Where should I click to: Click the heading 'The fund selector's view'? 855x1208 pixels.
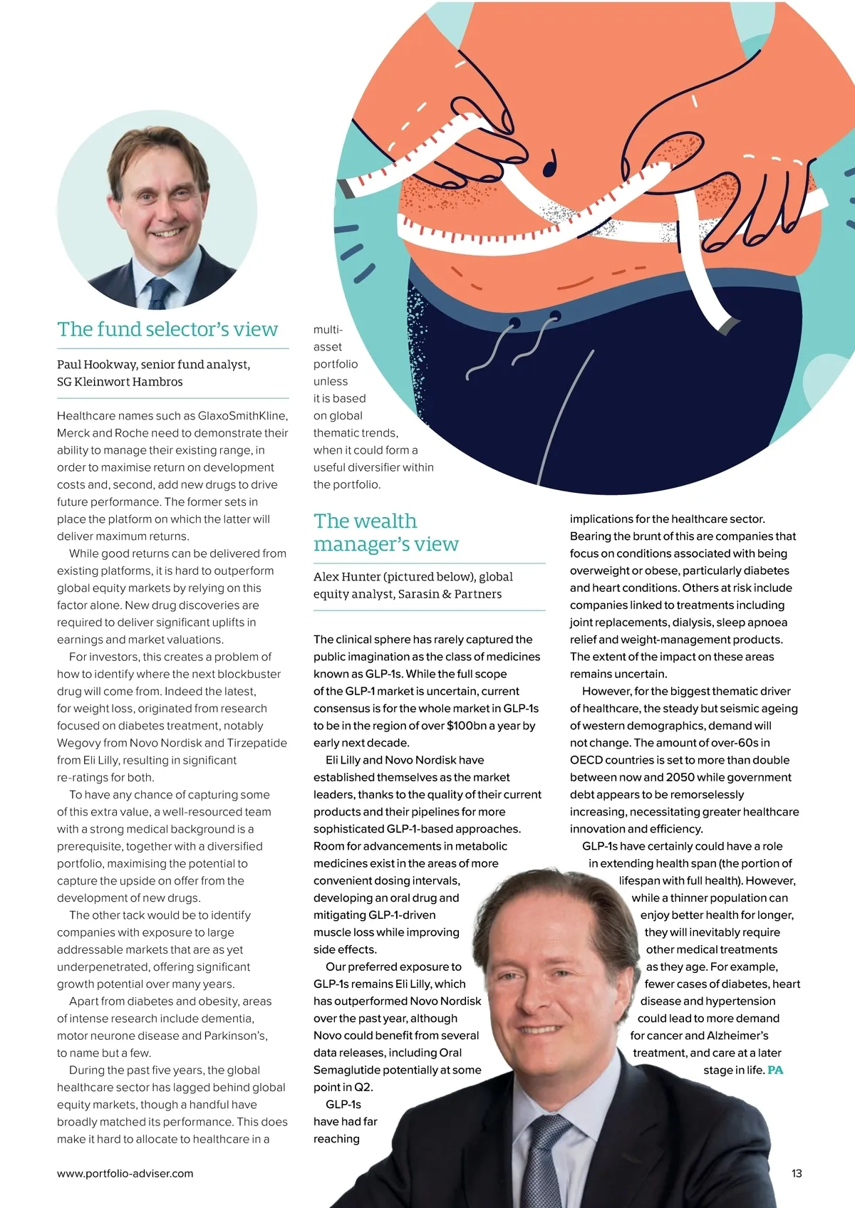click(167, 329)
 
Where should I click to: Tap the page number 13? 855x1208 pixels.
click(797, 1173)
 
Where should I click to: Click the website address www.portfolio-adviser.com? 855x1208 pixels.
click(125, 1173)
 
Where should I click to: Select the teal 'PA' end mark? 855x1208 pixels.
click(775, 1070)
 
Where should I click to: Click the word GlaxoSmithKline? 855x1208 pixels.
click(243, 416)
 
